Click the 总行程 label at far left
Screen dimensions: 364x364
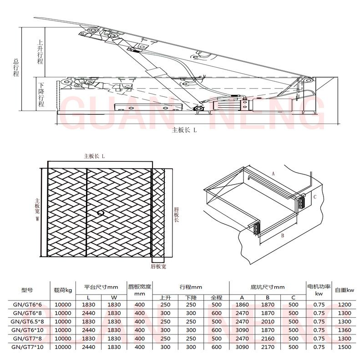click(x=16, y=68)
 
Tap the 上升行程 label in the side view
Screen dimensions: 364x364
click(x=40, y=52)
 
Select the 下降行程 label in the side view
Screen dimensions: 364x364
click(x=41, y=95)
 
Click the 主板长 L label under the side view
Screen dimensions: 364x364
click(x=184, y=130)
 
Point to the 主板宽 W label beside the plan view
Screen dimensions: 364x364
click(x=37, y=209)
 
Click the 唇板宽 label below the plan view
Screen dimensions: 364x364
click(x=158, y=266)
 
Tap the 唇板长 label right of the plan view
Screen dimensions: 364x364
click(x=177, y=214)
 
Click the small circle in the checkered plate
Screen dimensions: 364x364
click(x=101, y=212)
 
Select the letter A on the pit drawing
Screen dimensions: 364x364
click(x=273, y=174)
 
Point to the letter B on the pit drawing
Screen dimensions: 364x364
click(x=283, y=235)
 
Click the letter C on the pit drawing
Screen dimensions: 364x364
click(x=315, y=197)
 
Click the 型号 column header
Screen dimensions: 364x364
click(x=27, y=290)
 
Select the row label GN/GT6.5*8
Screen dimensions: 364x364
click(x=27, y=322)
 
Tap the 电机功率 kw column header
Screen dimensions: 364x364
click(x=319, y=290)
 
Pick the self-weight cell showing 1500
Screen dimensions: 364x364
click(x=344, y=347)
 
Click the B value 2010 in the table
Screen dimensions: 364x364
click(x=268, y=322)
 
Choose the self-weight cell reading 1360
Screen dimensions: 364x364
click(x=344, y=330)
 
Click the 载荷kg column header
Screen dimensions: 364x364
click(x=63, y=290)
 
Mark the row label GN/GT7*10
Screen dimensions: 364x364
click(x=27, y=347)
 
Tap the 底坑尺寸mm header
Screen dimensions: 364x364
click(x=268, y=287)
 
